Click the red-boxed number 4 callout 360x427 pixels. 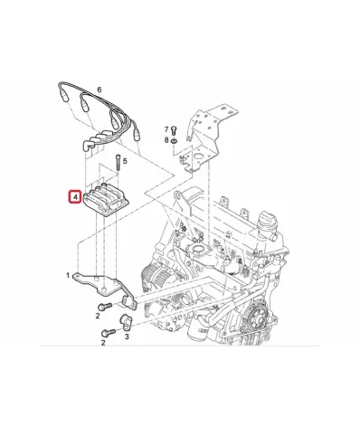[75, 197]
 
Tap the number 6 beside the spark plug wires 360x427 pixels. [99, 90]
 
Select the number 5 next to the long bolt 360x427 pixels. [125, 161]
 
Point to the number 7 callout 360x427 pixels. [166, 129]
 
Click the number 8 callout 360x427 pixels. [166, 140]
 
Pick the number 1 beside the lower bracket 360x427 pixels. [68, 275]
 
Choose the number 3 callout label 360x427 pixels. [127, 336]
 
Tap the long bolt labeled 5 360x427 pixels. [118, 164]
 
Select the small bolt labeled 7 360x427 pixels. [174, 131]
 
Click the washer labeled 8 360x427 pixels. [174, 141]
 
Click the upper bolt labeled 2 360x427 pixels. [105, 307]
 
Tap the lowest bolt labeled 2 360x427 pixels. [109, 333]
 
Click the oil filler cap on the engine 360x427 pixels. [267, 221]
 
